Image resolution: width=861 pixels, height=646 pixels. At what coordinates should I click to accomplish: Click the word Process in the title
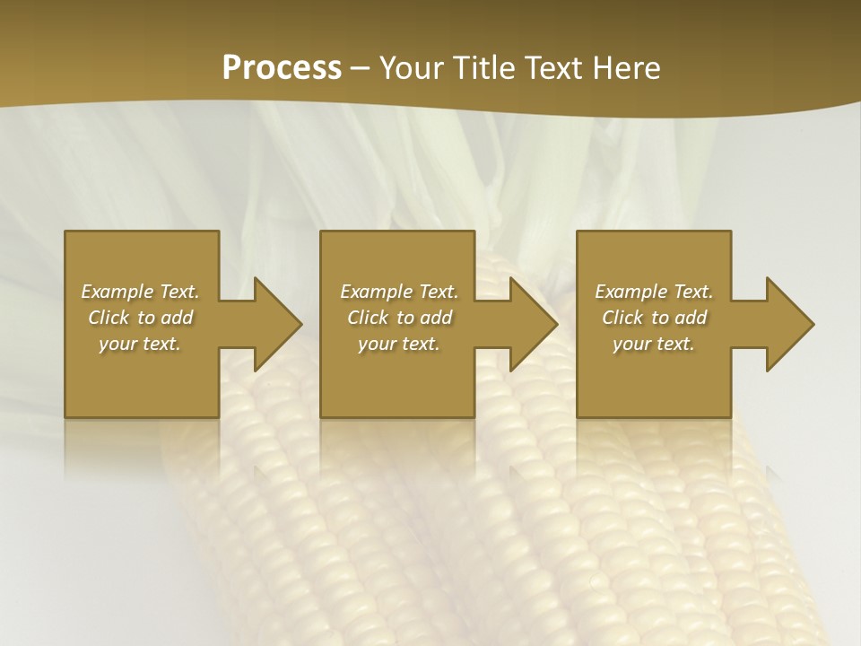(x=282, y=67)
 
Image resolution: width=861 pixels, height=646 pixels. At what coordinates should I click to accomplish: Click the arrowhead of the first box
(x=274, y=324)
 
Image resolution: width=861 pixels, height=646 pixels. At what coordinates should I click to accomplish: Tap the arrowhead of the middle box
(x=530, y=324)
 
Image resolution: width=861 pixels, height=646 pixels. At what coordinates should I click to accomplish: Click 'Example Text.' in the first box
(x=140, y=292)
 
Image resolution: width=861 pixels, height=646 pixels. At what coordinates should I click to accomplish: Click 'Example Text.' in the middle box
(x=399, y=292)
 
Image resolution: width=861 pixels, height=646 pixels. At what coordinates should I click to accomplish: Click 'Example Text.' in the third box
(x=654, y=292)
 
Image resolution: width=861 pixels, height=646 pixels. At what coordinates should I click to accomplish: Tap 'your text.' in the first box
(x=140, y=344)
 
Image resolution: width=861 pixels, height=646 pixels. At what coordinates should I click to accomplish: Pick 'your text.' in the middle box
(x=399, y=344)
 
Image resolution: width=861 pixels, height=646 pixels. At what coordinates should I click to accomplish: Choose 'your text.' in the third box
(x=654, y=344)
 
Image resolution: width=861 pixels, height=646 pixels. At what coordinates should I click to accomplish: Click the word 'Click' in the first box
(x=109, y=318)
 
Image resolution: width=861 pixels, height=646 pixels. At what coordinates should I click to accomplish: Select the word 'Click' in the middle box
(x=368, y=318)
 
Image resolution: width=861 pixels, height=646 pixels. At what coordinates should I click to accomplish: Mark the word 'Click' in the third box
(x=622, y=318)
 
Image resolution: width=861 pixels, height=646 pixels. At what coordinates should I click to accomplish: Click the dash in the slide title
(x=361, y=68)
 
